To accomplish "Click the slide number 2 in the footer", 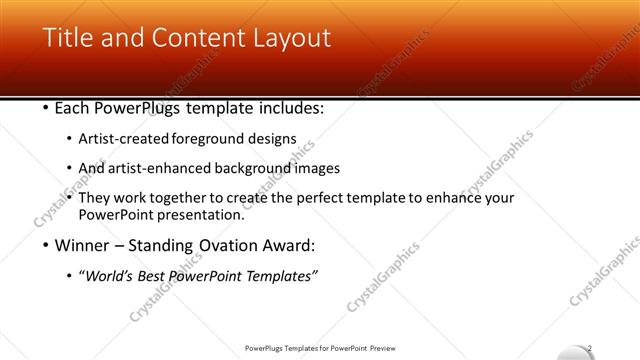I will point(590,348).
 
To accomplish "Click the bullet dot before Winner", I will point(46,245).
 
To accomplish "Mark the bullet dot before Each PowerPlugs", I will point(46,108).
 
